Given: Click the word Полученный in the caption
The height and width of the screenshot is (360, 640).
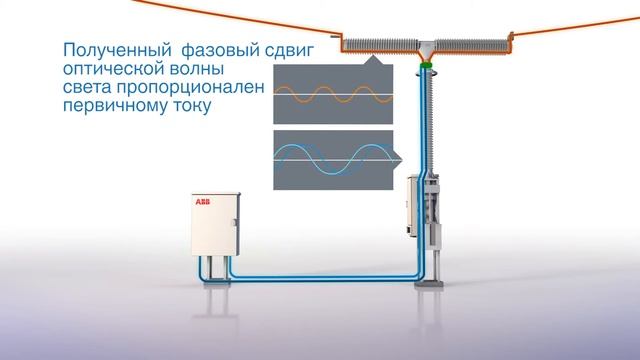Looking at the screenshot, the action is (x=104, y=49).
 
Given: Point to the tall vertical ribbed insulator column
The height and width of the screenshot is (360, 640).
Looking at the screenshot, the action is (x=425, y=120).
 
